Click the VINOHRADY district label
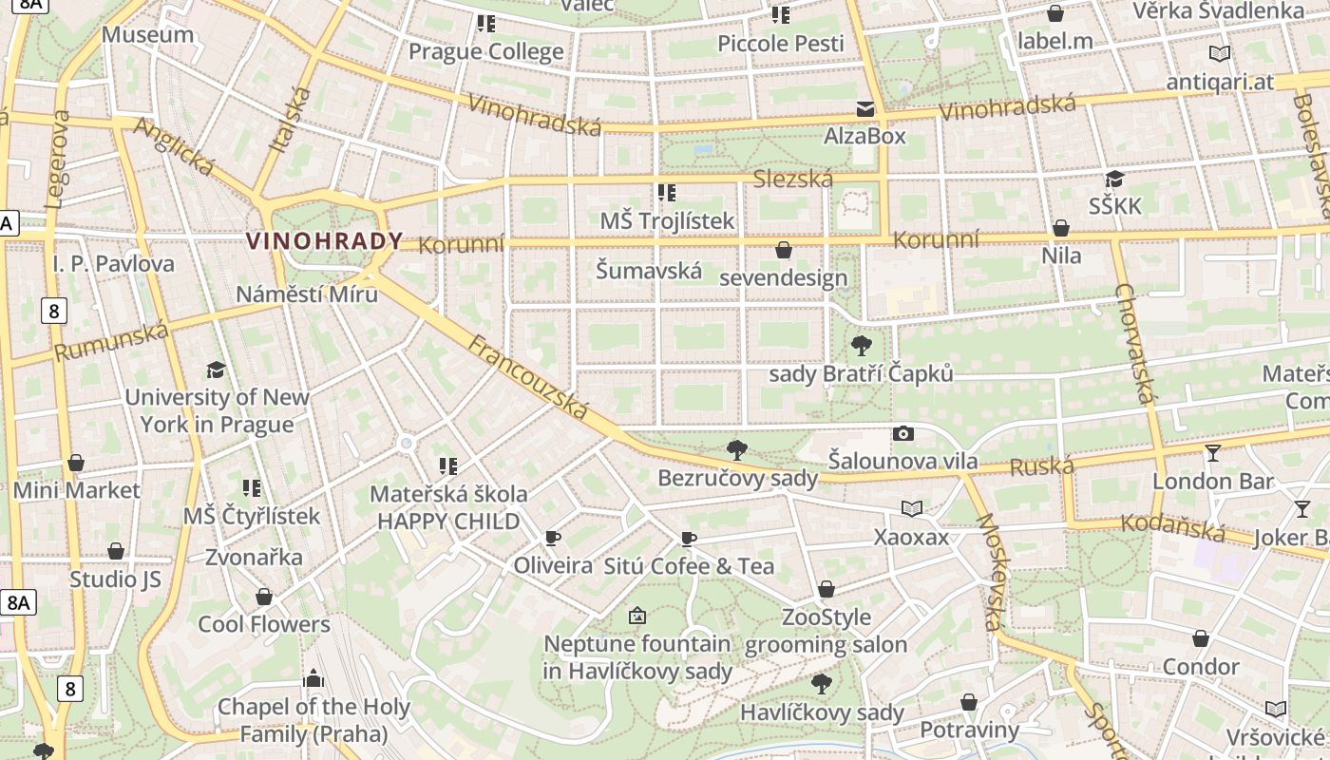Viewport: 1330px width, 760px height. click(325, 240)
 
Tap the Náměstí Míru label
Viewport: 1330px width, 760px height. click(307, 294)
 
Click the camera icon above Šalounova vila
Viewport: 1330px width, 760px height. click(902, 434)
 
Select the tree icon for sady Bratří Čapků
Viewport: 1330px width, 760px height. click(861, 346)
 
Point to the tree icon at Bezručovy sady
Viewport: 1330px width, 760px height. click(736, 449)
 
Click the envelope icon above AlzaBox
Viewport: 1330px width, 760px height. click(864, 109)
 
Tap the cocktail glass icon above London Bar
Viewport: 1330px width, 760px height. click(1212, 453)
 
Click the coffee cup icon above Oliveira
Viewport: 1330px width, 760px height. click(553, 539)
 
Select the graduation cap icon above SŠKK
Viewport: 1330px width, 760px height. click(1115, 180)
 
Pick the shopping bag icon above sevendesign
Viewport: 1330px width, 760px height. click(784, 251)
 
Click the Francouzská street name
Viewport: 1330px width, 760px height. click(528, 377)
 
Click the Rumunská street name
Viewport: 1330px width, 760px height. click(111, 341)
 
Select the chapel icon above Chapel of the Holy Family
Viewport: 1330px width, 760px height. click(313, 678)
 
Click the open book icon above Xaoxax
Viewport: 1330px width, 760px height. click(912, 509)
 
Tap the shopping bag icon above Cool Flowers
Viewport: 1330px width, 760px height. click(264, 597)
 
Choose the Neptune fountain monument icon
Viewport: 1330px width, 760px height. click(637, 616)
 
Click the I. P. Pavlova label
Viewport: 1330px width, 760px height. click(114, 263)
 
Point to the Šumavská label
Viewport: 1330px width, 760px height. click(649, 270)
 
